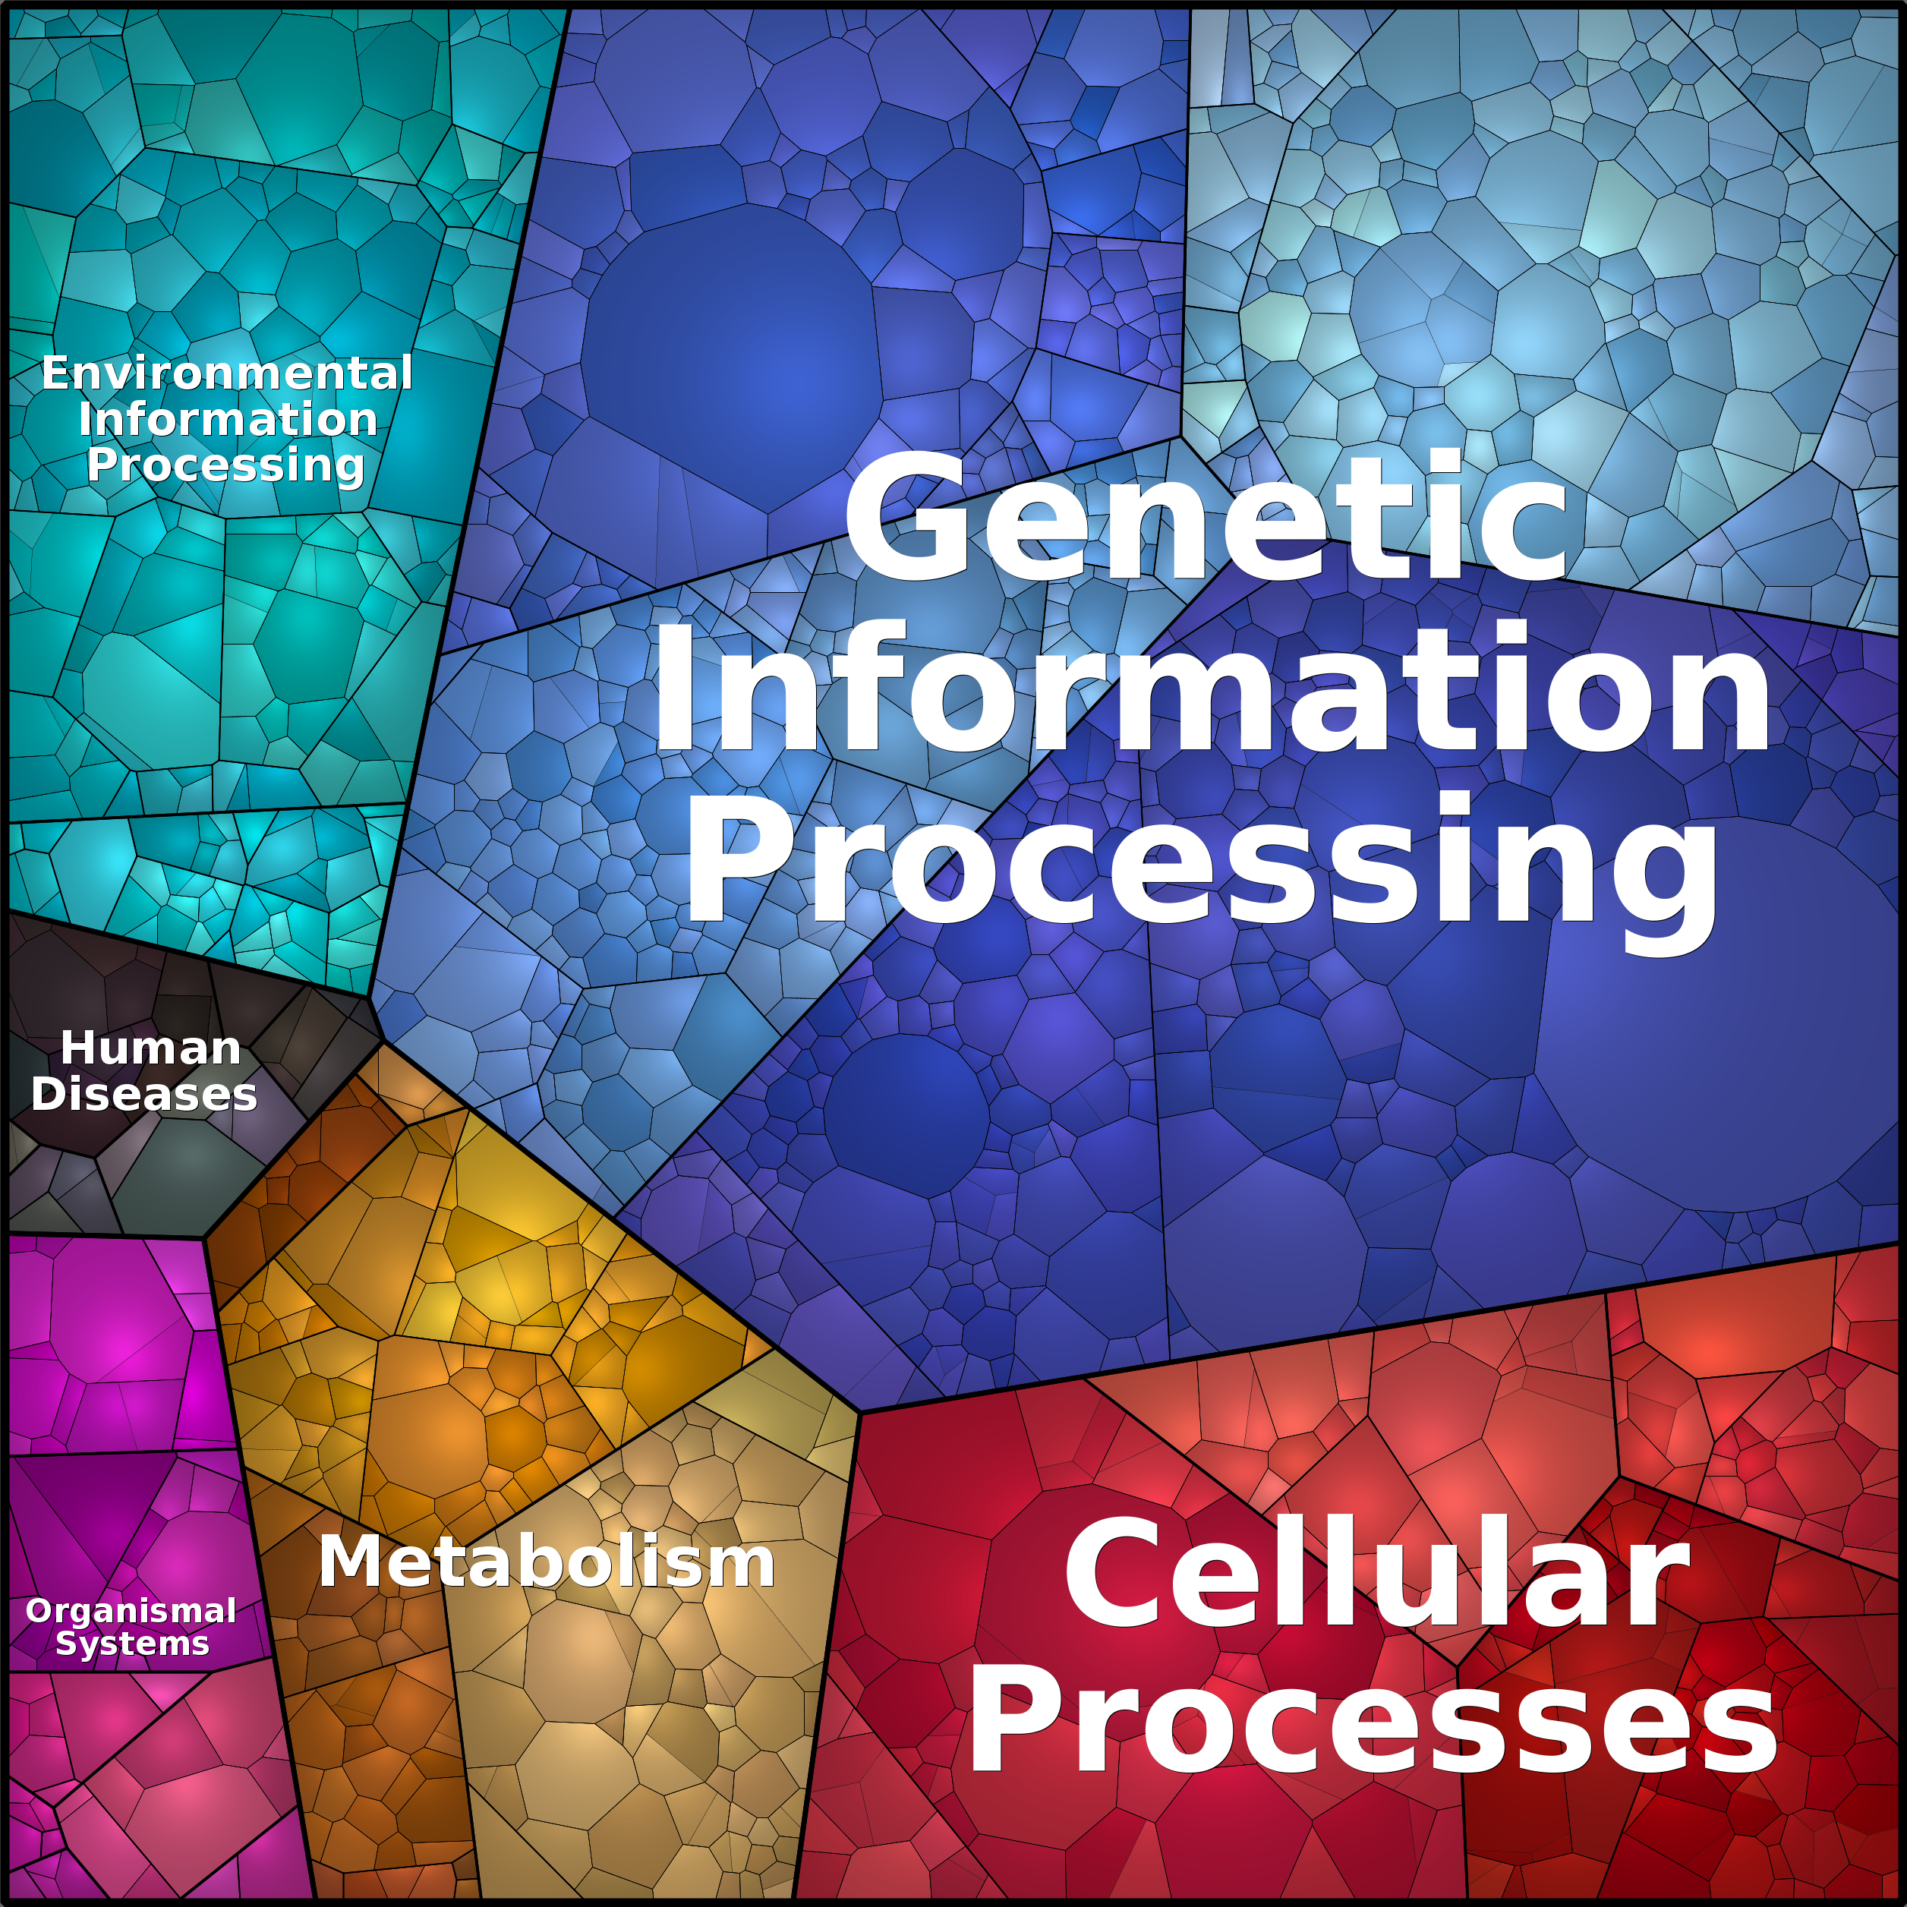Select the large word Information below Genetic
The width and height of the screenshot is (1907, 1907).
click(x=1211, y=687)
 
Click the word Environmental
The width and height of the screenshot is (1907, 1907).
click(x=227, y=373)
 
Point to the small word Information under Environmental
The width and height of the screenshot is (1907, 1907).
click(x=228, y=418)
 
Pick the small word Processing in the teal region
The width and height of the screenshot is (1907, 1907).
click(x=226, y=465)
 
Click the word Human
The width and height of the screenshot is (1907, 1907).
click(x=151, y=1048)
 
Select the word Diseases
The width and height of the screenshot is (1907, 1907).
click(x=144, y=1094)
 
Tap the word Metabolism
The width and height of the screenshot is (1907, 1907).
click(x=547, y=1562)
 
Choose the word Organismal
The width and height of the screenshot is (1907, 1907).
click(x=131, y=1612)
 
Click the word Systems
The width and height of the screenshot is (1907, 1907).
click(x=132, y=1644)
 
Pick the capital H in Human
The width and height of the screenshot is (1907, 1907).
click(x=78, y=1048)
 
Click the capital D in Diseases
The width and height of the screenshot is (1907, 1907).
click(x=49, y=1094)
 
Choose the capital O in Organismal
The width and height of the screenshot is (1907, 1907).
click(x=39, y=1611)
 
